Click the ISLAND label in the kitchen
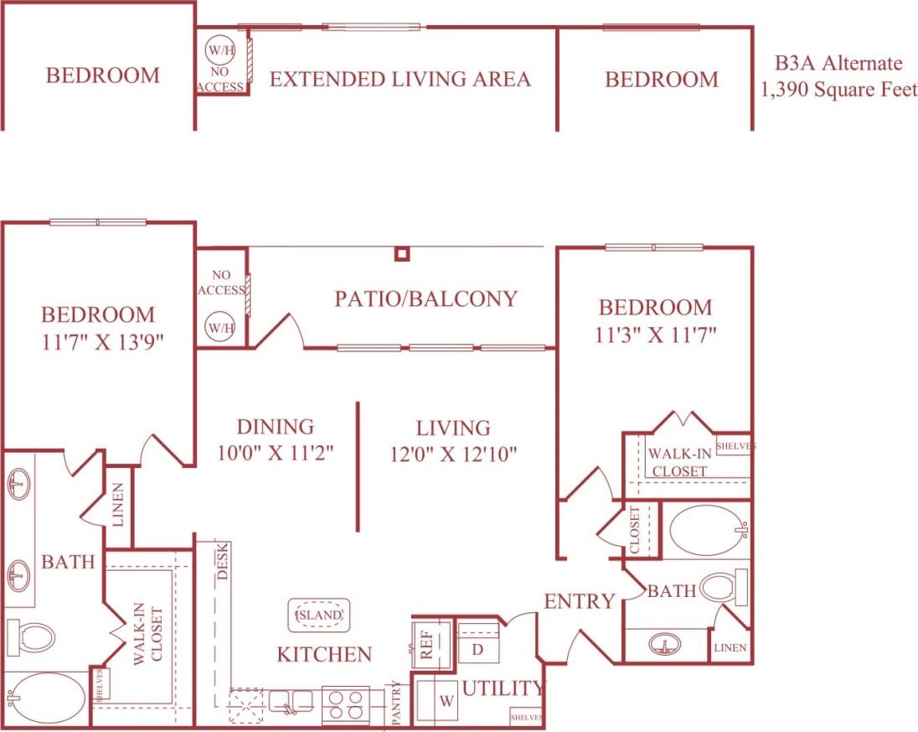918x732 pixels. point(319,615)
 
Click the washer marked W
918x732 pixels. point(436,698)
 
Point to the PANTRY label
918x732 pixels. point(396,703)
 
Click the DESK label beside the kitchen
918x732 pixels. point(223,562)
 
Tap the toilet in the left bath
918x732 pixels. point(31,638)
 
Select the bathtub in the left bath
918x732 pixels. point(45,698)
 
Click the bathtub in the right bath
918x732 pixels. point(706,530)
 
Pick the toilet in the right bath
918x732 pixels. point(721,589)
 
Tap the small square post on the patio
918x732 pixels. point(402,253)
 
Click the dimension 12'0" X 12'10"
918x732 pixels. point(453,454)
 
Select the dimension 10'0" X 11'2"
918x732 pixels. point(275,453)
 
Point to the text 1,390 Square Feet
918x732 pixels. point(838,90)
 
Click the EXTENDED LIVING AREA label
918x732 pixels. point(400,80)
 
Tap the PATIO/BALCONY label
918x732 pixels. point(425,299)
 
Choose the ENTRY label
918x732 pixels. point(580,601)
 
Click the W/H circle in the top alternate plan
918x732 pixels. point(221,50)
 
